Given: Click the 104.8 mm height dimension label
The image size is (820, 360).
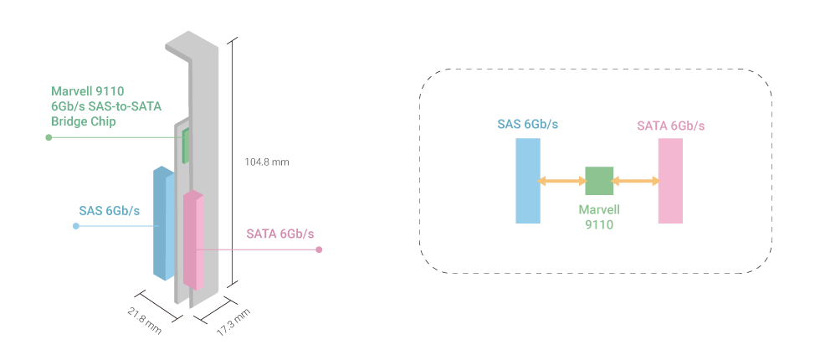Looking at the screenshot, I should (267, 162).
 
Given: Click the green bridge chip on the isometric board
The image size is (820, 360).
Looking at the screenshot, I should (187, 146).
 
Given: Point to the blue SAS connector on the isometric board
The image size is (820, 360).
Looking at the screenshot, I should (162, 224).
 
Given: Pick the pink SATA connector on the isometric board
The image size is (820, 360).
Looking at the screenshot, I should (194, 239).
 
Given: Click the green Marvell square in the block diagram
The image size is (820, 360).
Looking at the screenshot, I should (599, 181).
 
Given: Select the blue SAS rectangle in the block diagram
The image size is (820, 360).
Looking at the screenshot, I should (528, 181).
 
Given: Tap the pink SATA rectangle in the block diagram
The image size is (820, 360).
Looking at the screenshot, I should (670, 181).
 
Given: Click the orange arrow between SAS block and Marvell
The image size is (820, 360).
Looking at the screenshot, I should (563, 181).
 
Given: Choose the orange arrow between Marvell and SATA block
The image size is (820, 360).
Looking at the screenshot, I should (635, 181).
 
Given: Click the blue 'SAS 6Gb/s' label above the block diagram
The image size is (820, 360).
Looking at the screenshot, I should (527, 125).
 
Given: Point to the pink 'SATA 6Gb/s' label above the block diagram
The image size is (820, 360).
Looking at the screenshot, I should (670, 126).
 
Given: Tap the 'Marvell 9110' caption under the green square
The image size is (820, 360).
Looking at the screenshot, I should (599, 218).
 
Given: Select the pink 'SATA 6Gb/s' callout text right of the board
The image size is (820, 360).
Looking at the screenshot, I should (280, 234).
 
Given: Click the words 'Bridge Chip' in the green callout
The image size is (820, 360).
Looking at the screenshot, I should (83, 121).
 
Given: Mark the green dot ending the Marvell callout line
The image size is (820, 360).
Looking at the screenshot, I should (49, 137).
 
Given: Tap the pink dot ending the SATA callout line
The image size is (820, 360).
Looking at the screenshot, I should (320, 249).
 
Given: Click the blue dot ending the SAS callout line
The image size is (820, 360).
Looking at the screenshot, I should (76, 226).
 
